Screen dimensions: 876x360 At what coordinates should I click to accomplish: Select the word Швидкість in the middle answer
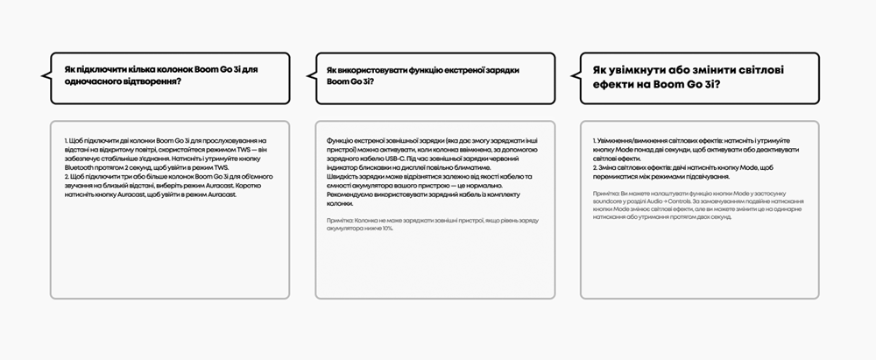[x=340, y=177]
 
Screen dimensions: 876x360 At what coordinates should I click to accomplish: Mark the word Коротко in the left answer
[x=251, y=186]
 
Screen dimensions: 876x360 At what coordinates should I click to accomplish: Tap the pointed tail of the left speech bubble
[x=42, y=75]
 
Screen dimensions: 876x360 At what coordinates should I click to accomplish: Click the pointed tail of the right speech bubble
[x=571, y=75]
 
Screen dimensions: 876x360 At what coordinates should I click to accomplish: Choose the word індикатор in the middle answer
[x=341, y=167]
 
